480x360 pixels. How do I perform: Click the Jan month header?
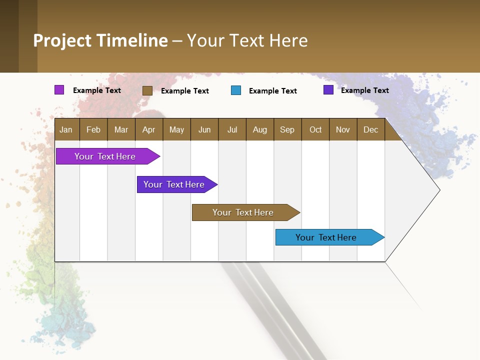[x=66, y=129]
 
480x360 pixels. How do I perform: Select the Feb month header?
[x=93, y=129]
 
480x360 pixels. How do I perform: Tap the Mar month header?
[x=121, y=129]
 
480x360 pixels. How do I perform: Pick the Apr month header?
[x=148, y=129]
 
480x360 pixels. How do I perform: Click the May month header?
[x=176, y=129]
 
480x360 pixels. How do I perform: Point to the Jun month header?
[x=204, y=129]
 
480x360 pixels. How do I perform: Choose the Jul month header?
[x=232, y=129]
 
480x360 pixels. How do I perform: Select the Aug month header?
[x=259, y=129]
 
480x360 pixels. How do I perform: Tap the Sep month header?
[x=287, y=129]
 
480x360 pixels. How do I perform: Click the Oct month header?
[x=315, y=129]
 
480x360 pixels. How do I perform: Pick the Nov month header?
[x=342, y=129]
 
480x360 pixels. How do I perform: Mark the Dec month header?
[x=370, y=129]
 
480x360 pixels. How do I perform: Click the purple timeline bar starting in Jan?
[x=105, y=156]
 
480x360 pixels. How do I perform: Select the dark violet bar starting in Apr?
[x=174, y=184]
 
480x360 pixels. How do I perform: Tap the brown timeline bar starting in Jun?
[x=243, y=212]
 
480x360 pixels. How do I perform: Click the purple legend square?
[x=59, y=90]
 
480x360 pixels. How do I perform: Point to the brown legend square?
[x=147, y=90]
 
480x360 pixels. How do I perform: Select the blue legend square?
[x=236, y=90]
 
